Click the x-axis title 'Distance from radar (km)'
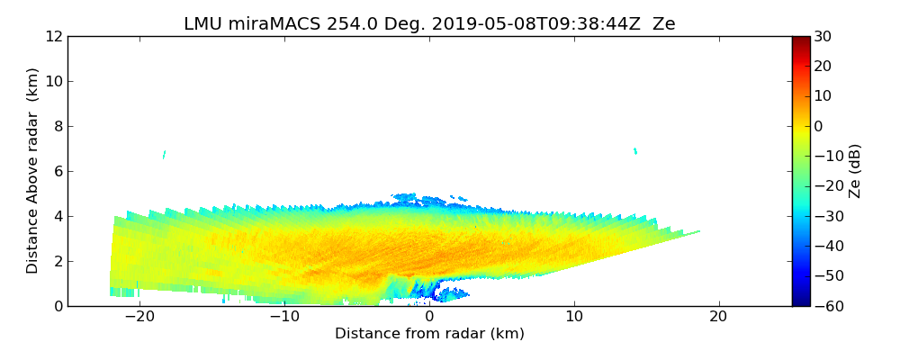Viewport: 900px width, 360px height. point(429,334)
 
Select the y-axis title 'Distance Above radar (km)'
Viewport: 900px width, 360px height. point(33,170)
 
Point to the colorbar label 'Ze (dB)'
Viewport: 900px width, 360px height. point(855,170)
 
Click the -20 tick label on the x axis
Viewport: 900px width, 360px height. point(139,317)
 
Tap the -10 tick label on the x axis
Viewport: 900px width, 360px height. point(284,317)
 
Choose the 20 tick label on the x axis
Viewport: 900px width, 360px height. point(718,317)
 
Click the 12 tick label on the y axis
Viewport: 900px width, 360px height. point(53,36)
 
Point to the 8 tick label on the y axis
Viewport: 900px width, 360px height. point(57,126)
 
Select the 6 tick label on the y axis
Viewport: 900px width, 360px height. point(57,171)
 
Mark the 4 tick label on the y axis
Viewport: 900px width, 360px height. point(57,216)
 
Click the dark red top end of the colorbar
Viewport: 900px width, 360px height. point(801,40)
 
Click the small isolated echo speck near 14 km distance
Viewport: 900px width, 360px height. point(635,150)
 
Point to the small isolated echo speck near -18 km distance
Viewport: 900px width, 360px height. point(164,155)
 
